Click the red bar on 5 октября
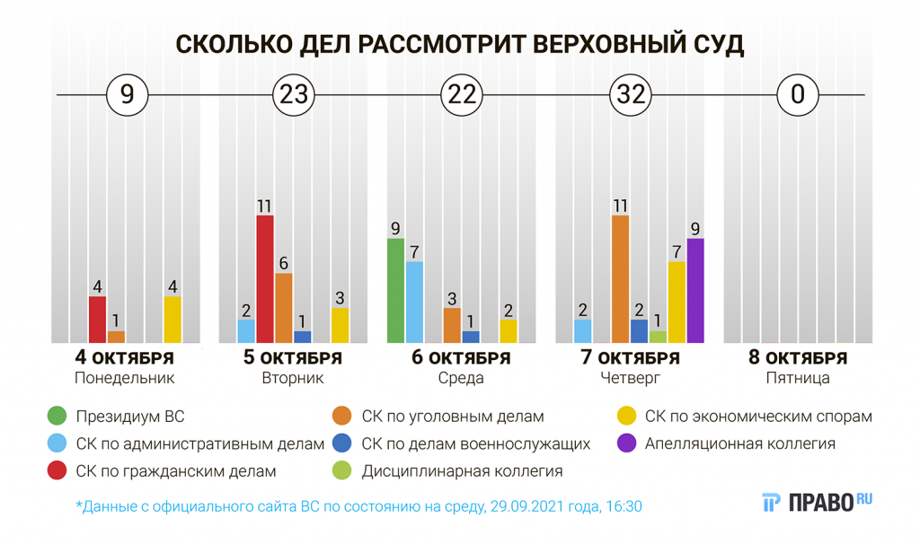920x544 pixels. tap(265, 279)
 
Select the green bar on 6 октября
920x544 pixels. tap(396, 291)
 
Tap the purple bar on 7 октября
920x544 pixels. tap(695, 291)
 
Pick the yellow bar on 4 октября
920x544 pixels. tap(172, 320)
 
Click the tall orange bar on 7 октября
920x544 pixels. tap(620, 279)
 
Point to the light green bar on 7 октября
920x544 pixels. tap(658, 337)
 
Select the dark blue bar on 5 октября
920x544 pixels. tap(303, 337)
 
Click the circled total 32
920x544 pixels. tap(631, 94)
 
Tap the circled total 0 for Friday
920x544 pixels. tap(798, 94)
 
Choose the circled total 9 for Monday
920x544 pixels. tap(128, 94)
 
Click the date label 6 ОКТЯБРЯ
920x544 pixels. tap(461, 357)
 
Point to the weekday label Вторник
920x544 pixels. tap(293, 378)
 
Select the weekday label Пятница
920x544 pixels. tap(798, 378)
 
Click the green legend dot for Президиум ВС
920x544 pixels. tap(57, 417)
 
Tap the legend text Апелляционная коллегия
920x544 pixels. tap(740, 443)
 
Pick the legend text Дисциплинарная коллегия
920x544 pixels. tap(462, 471)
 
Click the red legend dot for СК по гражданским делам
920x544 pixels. tap(57, 470)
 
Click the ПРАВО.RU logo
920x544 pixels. tap(817, 503)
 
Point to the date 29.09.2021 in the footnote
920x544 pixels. tap(526, 506)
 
